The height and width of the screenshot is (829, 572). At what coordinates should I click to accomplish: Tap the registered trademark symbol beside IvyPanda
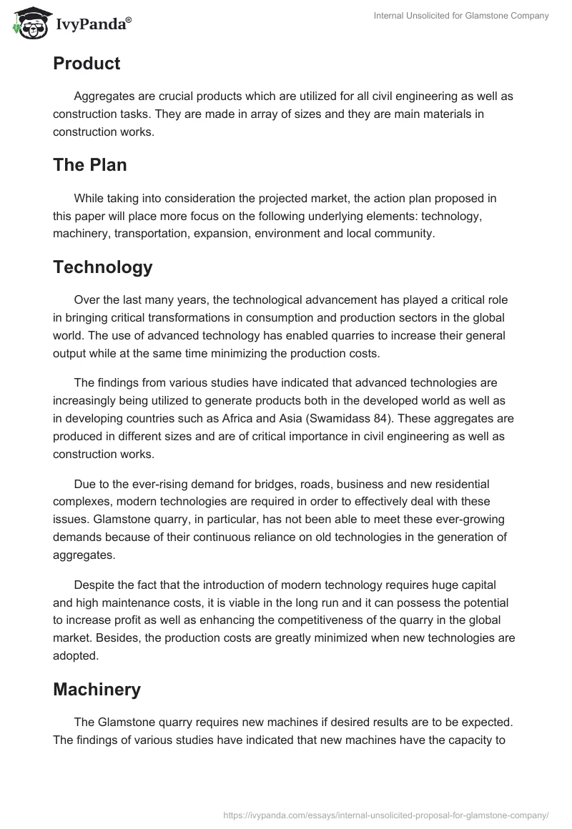[129, 20]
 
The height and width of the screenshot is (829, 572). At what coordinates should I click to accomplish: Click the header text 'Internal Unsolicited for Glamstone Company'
[461, 16]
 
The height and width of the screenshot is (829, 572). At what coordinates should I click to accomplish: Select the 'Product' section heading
[87, 64]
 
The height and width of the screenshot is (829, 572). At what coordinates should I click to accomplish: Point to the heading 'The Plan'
[90, 165]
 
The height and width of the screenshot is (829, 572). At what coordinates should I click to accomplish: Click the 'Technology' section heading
[103, 267]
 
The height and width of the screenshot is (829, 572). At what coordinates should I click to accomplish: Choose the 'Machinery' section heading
[97, 690]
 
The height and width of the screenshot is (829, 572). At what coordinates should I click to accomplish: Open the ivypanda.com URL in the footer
[385, 814]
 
